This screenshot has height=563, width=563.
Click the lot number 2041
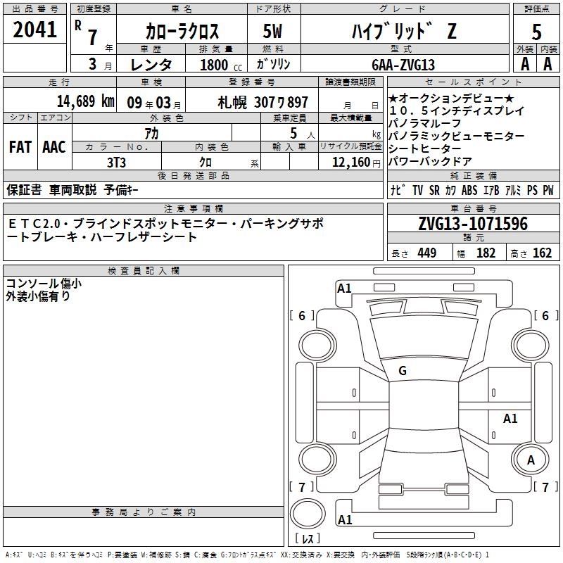[34, 30]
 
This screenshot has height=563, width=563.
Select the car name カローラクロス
[182, 31]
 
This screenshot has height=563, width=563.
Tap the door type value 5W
[272, 31]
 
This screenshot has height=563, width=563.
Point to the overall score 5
[536, 32]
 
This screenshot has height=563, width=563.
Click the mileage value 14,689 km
[86, 101]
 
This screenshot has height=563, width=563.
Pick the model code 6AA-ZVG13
[403, 65]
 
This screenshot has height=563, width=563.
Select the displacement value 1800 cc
[221, 65]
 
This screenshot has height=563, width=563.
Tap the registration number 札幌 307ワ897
[262, 103]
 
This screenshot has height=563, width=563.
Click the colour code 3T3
[116, 163]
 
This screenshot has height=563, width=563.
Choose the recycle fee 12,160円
[356, 163]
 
